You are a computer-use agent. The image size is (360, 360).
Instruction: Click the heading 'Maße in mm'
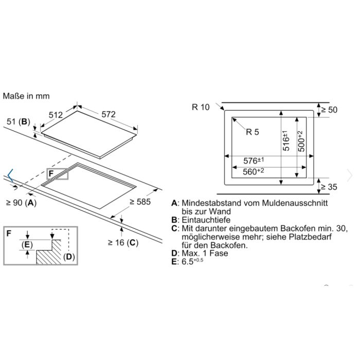click(26, 96)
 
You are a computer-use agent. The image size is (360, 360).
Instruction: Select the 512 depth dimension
click(56, 115)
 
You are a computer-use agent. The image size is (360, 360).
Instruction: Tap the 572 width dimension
click(109, 114)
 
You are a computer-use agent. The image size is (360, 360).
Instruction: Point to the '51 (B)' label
click(19, 121)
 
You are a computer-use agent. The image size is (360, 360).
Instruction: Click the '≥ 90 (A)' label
click(21, 203)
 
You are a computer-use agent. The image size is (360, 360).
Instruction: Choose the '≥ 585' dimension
click(140, 202)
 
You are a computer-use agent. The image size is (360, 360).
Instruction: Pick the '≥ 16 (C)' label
click(123, 242)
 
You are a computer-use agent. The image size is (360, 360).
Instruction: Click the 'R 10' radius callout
click(201, 107)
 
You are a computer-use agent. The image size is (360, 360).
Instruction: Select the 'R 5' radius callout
click(253, 132)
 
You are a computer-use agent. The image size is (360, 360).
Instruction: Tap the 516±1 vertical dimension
click(285, 140)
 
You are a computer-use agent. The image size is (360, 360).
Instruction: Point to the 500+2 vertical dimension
click(301, 141)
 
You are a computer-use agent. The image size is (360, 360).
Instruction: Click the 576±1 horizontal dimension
click(254, 160)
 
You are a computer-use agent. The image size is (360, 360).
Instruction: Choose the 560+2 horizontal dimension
click(253, 171)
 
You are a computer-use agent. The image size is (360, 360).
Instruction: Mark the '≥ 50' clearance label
click(329, 110)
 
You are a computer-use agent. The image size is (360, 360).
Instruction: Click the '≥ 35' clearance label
click(329, 187)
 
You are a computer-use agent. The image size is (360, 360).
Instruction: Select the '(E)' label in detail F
click(27, 245)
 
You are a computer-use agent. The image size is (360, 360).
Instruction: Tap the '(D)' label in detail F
click(69, 257)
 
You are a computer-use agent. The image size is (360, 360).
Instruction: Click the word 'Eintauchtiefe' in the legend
click(206, 220)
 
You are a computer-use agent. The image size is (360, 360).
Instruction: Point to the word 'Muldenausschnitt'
click(295, 203)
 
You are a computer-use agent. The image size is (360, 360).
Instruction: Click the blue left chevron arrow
click(11, 176)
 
